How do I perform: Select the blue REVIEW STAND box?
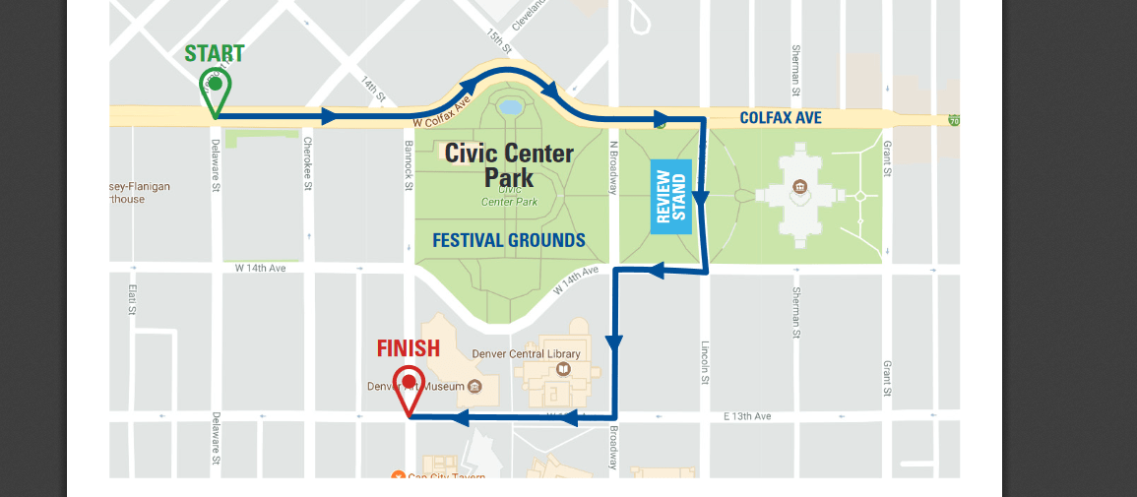[671, 202]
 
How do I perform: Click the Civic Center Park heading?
[508, 164]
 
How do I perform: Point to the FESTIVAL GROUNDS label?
[509, 240]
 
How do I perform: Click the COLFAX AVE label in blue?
[781, 118]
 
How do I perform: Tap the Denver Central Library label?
[527, 353]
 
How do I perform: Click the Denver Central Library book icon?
[563, 370]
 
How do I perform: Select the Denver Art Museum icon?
[474, 386]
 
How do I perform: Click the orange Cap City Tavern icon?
[398, 477]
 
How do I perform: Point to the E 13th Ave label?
[747, 416]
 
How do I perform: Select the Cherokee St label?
[307, 163]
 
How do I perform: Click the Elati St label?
[132, 299]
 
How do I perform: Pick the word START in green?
[215, 53]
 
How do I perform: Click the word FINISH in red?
[409, 348]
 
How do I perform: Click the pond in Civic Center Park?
[510, 106]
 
